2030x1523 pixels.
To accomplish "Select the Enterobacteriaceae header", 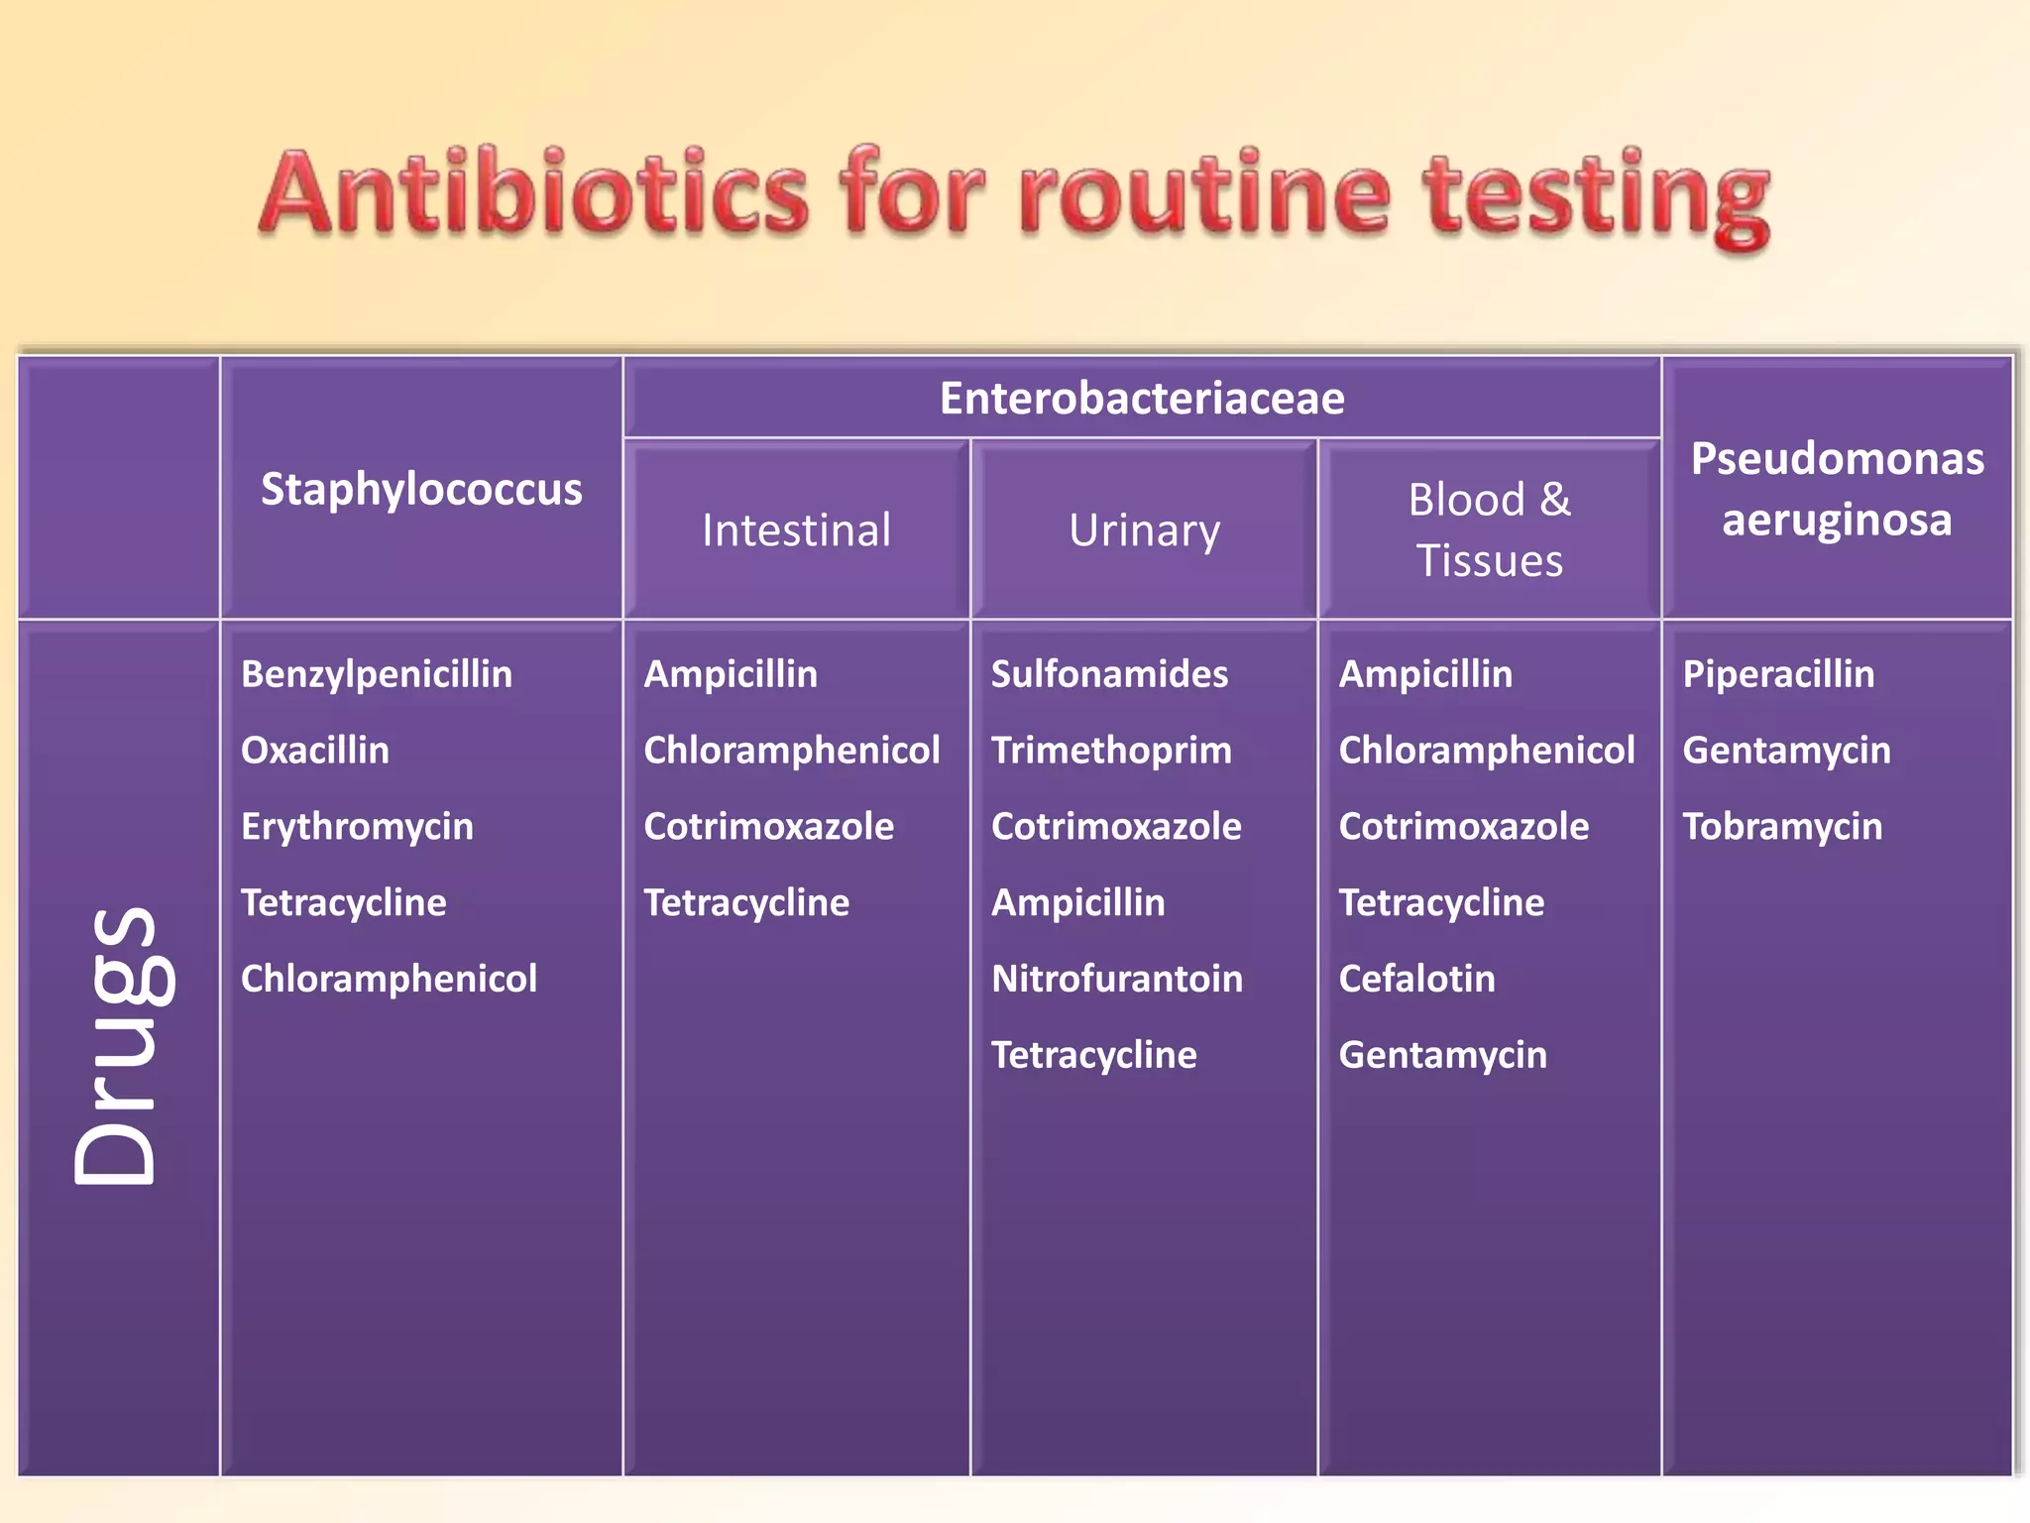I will point(1142,399).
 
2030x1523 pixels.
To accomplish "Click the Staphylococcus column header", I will point(421,489).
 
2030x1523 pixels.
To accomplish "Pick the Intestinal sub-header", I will point(796,529).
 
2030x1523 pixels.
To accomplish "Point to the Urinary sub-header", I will point(1144,530).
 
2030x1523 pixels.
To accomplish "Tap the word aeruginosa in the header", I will point(1837,520).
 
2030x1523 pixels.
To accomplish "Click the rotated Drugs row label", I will point(117,1046).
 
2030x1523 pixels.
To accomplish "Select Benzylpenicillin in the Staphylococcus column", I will point(377,674).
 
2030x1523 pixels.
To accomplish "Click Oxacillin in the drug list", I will point(315,751).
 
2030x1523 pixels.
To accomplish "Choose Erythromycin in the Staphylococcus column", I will point(357,827).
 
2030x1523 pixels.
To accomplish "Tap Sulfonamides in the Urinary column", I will point(1109,674).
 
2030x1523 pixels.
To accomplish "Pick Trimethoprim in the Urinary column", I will point(1111,751).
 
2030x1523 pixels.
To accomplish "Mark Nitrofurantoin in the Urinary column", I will point(1117,979).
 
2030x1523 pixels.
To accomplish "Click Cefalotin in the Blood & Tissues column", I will point(1416,979).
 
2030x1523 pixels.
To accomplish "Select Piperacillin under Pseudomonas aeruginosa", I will point(1778,674).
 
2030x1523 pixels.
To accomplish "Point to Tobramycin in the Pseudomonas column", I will point(1782,827).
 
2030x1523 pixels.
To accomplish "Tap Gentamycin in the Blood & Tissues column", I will point(1442,1055).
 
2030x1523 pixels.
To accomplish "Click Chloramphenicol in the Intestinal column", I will point(791,751).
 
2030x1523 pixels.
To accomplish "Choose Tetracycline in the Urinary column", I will point(1093,1055).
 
